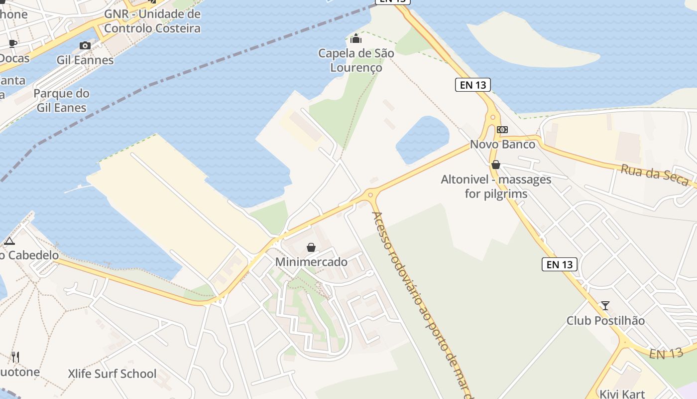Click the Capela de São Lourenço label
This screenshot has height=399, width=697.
(356, 60)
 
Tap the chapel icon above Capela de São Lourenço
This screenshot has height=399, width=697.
(356, 38)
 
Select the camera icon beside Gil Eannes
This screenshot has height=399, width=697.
(85, 45)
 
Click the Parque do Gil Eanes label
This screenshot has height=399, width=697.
(62, 100)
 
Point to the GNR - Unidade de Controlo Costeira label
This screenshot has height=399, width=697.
(152, 21)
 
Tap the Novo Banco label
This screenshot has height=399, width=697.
(503, 145)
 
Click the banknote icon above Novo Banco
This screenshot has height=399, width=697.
(502, 130)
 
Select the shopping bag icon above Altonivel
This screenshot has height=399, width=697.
(495, 165)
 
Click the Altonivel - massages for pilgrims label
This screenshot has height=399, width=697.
(496, 186)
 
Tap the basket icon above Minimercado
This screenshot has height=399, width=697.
(311, 247)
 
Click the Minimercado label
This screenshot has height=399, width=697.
(311, 262)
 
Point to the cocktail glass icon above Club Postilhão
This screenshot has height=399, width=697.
(605, 305)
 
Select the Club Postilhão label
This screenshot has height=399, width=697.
(605, 321)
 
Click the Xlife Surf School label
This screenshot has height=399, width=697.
(112, 374)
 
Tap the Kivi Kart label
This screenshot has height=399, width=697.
(622, 394)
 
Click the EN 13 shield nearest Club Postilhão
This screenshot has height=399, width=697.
(560, 264)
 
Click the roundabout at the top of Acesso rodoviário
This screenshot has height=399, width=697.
(370, 195)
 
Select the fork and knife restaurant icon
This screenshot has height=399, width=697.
(15, 357)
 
